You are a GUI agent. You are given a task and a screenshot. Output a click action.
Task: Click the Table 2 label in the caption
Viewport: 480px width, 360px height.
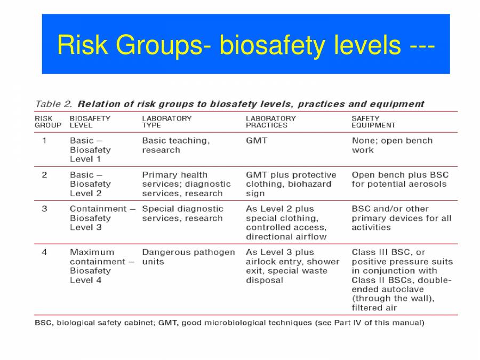pos(54,104)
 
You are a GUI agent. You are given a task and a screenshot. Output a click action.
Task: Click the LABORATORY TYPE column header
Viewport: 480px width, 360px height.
pos(166,122)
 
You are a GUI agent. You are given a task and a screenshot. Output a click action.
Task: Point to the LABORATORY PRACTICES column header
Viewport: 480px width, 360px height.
pos(270,122)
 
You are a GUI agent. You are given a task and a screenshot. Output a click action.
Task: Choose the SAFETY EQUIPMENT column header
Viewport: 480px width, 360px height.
pos(373,122)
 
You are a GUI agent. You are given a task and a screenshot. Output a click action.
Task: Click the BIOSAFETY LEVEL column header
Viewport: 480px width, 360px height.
pos(90,122)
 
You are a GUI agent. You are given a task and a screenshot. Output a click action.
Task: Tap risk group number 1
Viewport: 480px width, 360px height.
pos(44,141)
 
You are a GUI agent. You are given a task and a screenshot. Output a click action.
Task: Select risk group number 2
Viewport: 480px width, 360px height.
pos(44,175)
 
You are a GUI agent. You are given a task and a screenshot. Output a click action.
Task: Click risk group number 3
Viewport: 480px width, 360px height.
pos(44,209)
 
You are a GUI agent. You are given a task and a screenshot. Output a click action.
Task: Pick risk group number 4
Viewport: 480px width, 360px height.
pos(44,252)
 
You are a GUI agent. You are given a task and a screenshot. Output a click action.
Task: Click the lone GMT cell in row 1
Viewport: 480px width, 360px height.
pos(257,141)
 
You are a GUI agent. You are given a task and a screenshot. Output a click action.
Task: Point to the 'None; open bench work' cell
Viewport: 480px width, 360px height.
pos(392,146)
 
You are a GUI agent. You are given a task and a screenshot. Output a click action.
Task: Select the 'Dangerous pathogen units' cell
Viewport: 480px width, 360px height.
pos(188,257)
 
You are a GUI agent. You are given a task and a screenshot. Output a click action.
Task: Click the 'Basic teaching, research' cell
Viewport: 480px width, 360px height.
pos(176,146)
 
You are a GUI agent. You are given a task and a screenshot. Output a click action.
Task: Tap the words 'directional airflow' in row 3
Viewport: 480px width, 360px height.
pos(286,237)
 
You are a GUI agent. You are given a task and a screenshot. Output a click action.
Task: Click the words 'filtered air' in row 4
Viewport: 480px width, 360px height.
pos(374,308)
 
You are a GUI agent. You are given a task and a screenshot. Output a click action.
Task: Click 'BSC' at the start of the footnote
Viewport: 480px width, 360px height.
pos(43,323)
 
